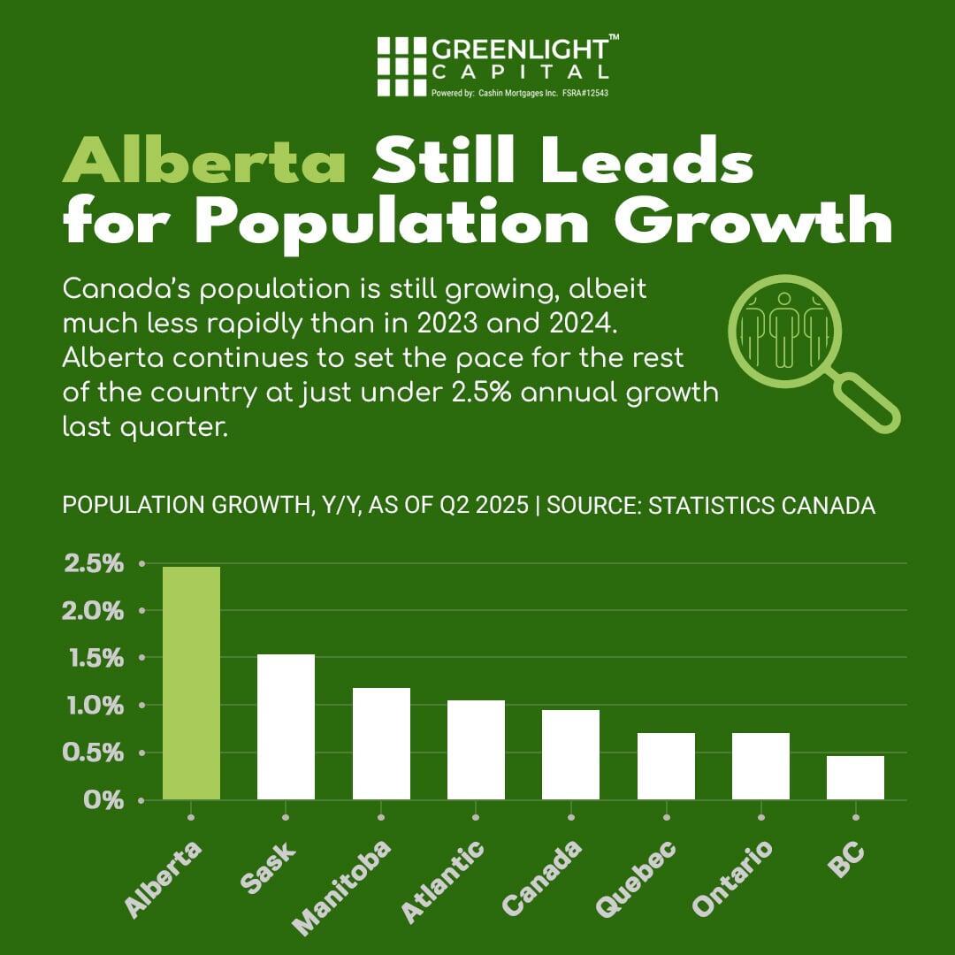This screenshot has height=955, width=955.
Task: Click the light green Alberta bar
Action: (191, 683)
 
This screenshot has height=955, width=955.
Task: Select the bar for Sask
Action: (286, 727)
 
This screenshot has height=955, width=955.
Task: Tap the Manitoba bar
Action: (381, 744)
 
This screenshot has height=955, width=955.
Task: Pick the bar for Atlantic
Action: (476, 750)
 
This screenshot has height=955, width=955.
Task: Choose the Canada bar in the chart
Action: (570, 754)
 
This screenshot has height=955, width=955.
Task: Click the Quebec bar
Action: (666, 766)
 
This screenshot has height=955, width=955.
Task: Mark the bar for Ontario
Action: (760, 766)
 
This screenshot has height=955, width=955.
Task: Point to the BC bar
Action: (855, 777)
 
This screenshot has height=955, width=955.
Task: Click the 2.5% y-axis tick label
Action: (93, 563)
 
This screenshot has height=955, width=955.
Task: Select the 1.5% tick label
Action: (93, 658)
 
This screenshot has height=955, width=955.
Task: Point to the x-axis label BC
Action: (845, 857)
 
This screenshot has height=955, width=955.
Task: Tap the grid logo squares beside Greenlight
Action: (401, 66)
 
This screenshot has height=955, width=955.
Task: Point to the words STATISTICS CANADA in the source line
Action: (762, 506)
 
